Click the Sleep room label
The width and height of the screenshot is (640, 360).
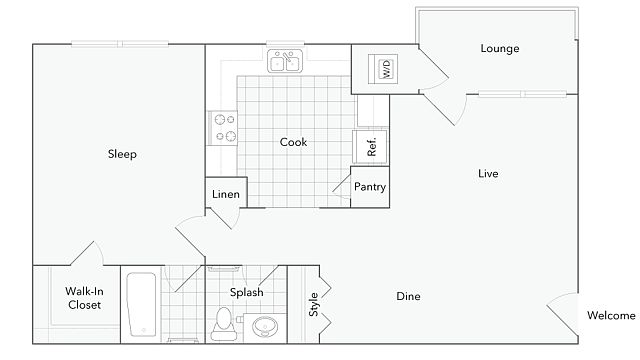(122, 154)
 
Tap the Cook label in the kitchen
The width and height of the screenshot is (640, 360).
(293, 142)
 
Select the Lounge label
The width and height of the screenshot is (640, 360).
(500, 49)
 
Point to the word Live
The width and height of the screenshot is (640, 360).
(488, 173)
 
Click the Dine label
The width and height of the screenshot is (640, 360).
(408, 296)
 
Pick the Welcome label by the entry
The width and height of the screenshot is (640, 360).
(611, 316)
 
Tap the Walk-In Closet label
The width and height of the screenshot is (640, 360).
(84, 298)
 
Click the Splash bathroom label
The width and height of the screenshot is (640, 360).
(247, 292)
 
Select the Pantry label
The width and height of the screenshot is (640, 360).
(370, 187)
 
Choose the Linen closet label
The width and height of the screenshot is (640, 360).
(226, 194)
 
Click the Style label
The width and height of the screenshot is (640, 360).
(313, 304)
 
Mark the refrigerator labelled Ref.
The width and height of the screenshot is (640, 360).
(370, 147)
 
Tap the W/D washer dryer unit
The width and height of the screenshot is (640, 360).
(383, 69)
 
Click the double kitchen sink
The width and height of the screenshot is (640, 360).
(285, 61)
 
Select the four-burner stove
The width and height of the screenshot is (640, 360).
(223, 128)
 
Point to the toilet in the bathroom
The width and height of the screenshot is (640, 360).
(224, 324)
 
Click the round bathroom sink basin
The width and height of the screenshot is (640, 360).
(265, 327)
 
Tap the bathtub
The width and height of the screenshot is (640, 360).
(141, 304)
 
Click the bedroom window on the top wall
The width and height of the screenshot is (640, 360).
(120, 44)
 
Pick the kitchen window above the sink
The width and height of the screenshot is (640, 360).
(285, 44)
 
